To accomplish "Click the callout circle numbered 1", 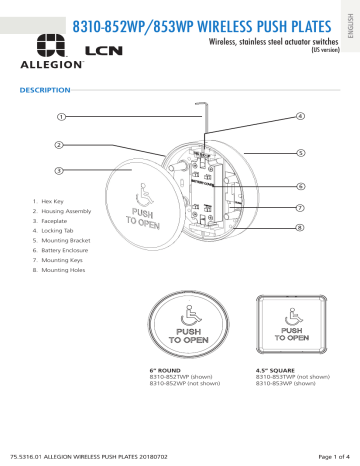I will point(62,117).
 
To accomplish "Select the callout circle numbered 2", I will point(62,145).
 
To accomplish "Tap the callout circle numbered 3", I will point(62,171).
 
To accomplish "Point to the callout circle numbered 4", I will point(300,117).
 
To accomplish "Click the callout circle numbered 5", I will point(300,153).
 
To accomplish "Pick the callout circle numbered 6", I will point(300,187).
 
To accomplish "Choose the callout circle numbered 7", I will point(300,208).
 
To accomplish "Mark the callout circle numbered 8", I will point(300,228).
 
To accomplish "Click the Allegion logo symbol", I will point(49,44).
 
